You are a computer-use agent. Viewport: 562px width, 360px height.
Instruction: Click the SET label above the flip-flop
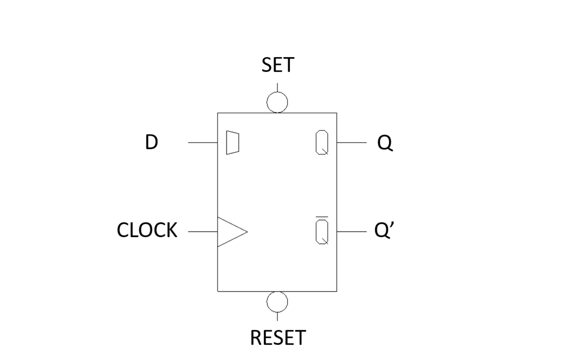pos(278,65)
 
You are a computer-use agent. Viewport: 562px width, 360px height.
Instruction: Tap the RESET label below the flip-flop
pos(278,338)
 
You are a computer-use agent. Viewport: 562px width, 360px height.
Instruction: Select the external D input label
pos(152,142)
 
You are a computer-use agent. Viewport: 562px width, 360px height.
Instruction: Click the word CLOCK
pos(147,231)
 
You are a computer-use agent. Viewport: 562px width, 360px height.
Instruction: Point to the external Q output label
pos(385,143)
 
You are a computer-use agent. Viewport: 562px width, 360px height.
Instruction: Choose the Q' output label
pos(384,231)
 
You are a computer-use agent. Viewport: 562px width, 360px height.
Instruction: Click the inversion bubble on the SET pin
pos(277,102)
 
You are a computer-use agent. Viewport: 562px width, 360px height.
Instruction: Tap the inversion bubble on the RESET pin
pos(277,302)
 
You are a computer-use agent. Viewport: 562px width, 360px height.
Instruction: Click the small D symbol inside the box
pos(232,142)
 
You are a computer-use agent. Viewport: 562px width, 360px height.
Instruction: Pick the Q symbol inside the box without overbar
pos(322,142)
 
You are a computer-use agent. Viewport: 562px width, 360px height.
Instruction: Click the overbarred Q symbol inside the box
pos(322,232)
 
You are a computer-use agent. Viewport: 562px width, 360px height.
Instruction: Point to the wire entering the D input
pos(203,142)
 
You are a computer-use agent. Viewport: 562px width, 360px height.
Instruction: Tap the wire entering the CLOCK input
pos(203,232)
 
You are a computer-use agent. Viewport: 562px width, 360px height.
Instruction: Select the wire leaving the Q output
pos(351,142)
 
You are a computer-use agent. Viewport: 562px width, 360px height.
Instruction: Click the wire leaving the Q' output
pos(351,232)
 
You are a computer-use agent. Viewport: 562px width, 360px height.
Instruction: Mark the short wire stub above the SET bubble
pos(277,87)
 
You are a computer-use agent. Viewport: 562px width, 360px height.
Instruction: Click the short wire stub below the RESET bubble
pos(277,316)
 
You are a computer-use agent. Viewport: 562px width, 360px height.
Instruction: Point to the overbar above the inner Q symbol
pos(322,218)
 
